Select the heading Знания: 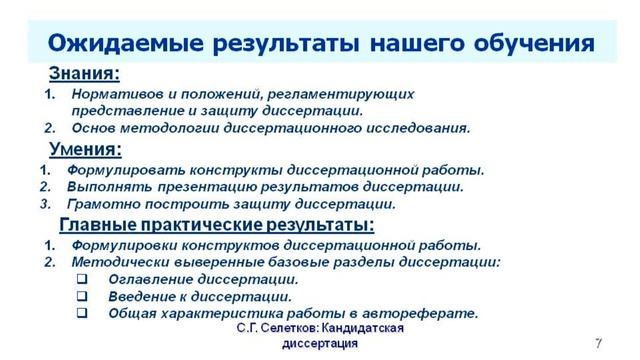point(85,74)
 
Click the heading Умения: point(86,150)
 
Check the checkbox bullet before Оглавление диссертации point(83,279)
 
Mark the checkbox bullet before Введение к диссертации point(83,296)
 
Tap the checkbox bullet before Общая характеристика point(83,313)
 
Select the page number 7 point(597,342)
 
